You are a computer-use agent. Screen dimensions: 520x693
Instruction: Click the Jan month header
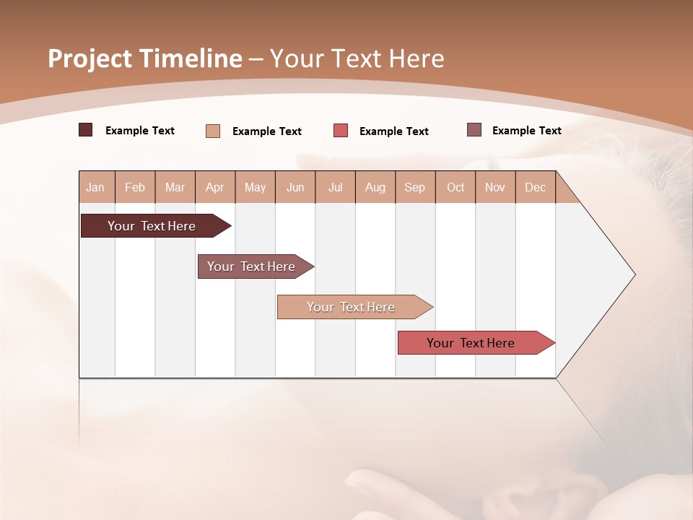pyautogui.click(x=95, y=188)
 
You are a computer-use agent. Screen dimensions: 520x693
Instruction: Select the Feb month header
pyautogui.click(x=135, y=188)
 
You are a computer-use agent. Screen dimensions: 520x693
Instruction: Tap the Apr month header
pyautogui.click(x=214, y=188)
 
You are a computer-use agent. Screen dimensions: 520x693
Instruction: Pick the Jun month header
pyautogui.click(x=295, y=188)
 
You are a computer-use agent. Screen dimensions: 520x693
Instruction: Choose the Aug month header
pyautogui.click(x=375, y=188)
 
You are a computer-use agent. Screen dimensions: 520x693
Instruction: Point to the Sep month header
pyautogui.click(x=414, y=188)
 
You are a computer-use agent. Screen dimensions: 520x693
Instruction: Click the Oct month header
pyautogui.click(x=456, y=188)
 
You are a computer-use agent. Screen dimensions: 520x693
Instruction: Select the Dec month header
pyautogui.click(x=535, y=188)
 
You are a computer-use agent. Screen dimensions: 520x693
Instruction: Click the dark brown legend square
pyautogui.click(x=85, y=130)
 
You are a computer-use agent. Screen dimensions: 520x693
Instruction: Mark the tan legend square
pyautogui.click(x=213, y=131)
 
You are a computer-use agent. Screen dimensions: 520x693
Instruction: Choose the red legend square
pyautogui.click(x=341, y=131)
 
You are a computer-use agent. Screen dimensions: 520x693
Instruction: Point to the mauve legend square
pyautogui.click(x=474, y=130)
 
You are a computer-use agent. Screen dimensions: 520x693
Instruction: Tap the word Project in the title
pyautogui.click(x=89, y=58)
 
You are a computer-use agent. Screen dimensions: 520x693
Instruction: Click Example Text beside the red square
pyautogui.click(x=393, y=131)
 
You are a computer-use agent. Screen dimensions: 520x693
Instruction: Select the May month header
pyautogui.click(x=255, y=188)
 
